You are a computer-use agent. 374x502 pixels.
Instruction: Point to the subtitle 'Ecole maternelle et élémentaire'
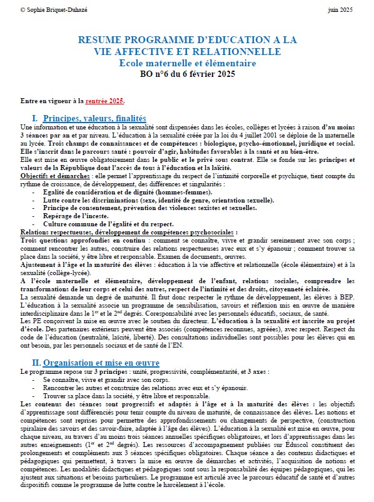click(188, 63)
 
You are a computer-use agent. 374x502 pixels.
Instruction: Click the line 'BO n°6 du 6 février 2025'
click(188, 74)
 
